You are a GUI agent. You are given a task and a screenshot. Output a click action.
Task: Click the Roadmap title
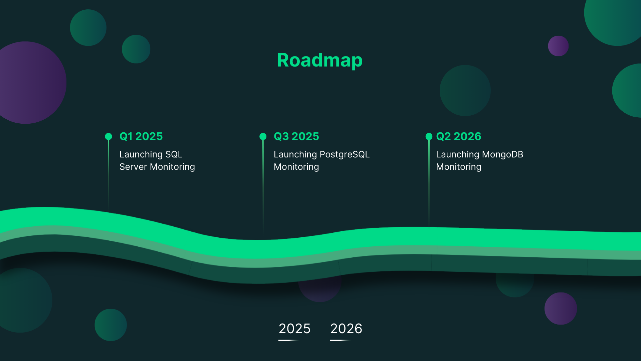coord(320,60)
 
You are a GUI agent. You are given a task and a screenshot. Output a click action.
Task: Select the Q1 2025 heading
coord(141,136)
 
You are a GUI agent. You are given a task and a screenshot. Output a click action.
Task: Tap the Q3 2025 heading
coord(296,136)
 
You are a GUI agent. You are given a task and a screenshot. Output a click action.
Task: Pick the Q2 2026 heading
coord(459,136)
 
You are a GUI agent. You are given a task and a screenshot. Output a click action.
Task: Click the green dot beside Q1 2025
coord(109,136)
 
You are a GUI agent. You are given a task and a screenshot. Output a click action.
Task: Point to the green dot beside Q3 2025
coord(263,136)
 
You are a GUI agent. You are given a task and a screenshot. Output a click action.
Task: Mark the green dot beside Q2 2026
coord(429,136)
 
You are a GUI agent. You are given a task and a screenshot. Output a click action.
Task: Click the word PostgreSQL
coord(345,155)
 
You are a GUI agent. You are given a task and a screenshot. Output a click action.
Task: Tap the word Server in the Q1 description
coord(133,167)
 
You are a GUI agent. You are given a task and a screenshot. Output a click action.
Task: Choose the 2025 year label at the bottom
coord(294,329)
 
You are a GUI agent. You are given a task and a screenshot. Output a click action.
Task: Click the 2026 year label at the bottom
coord(346,329)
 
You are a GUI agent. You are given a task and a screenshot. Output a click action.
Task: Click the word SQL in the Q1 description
coord(174,154)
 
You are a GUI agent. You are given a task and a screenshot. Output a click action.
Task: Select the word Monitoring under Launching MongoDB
coord(459,167)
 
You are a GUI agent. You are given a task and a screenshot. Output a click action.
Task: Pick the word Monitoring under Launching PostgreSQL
coord(296,167)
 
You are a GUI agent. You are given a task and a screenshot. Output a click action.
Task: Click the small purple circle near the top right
coord(558,46)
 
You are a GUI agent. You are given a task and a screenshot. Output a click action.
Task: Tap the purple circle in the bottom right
coord(561,309)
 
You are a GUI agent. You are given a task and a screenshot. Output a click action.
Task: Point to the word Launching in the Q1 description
coord(141,155)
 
